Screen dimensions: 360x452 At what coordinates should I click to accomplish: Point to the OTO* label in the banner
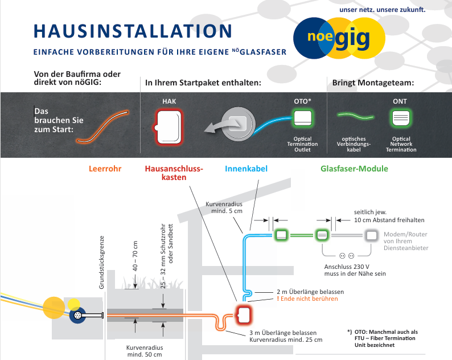302,101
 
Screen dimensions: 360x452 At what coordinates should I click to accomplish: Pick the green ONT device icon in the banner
400,120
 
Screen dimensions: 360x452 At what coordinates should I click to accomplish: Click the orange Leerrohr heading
105,169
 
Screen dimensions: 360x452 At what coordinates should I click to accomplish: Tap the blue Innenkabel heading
246,169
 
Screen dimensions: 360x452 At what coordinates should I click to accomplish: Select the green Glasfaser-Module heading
354,169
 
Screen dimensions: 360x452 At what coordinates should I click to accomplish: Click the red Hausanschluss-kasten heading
174,173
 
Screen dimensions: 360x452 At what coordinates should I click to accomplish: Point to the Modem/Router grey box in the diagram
372,235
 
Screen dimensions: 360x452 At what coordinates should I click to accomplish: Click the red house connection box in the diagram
244,314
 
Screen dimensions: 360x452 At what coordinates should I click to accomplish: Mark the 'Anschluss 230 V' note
347,266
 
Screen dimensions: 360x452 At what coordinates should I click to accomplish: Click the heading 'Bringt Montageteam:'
373,83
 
